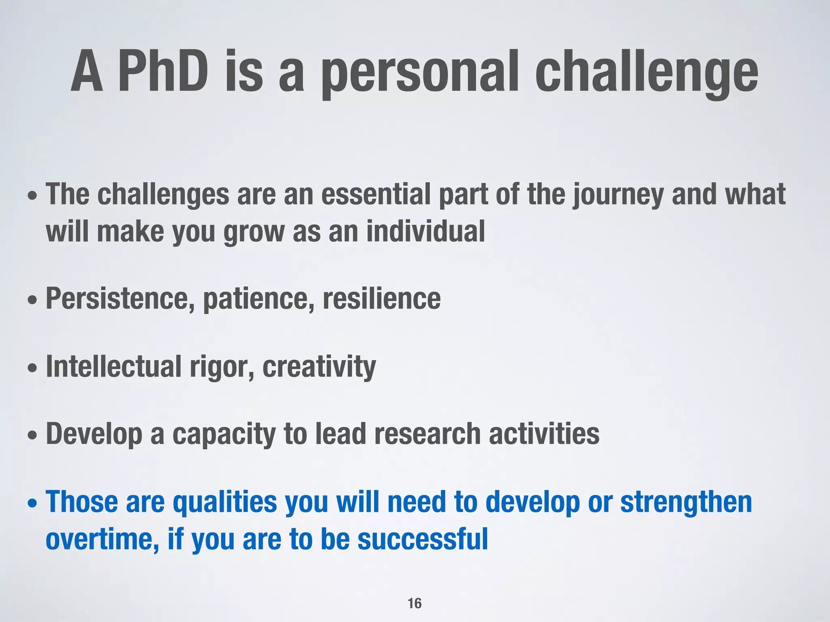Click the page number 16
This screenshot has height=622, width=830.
click(x=414, y=603)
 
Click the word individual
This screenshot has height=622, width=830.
click(x=425, y=232)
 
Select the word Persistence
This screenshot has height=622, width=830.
click(x=120, y=299)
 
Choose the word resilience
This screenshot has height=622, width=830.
click(x=381, y=299)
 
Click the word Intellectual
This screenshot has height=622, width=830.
click(x=113, y=366)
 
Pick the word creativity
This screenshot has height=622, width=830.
click(x=319, y=366)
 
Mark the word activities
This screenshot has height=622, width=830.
click(x=544, y=434)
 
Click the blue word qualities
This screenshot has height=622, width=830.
click(x=225, y=502)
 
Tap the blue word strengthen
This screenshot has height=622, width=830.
click(x=686, y=502)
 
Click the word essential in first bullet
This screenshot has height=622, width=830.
click(x=376, y=194)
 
